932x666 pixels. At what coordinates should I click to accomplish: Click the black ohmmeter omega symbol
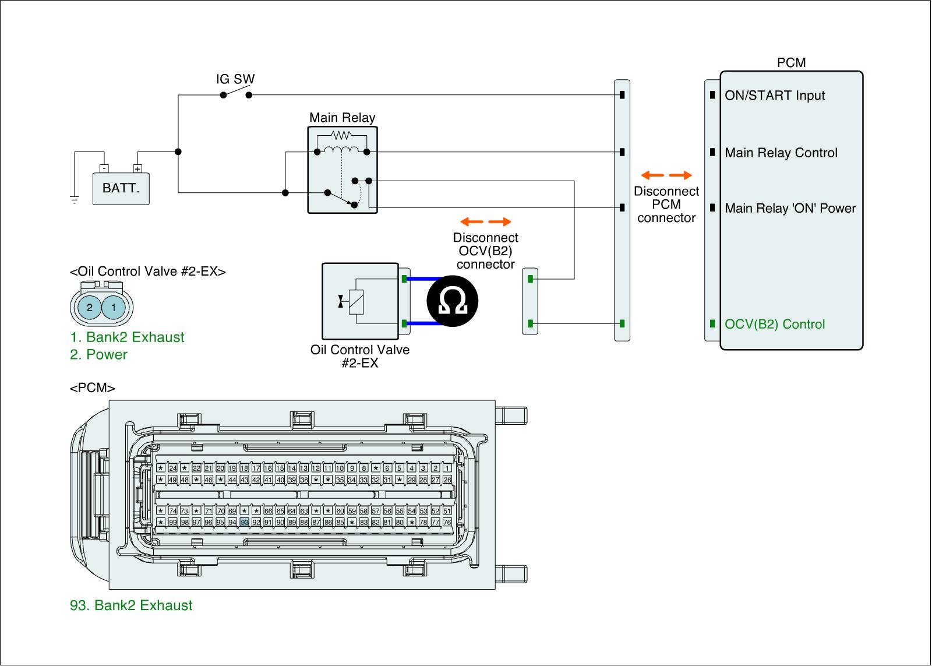click(452, 301)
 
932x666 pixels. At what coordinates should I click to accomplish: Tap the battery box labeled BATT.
click(121, 188)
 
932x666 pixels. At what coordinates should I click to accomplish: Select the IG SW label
click(235, 79)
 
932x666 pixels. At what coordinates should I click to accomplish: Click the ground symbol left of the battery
click(74, 200)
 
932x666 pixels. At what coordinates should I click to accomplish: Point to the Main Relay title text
click(342, 118)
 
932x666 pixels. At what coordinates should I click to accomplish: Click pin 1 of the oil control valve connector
click(114, 307)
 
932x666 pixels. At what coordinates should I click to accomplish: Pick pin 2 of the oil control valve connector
click(89, 307)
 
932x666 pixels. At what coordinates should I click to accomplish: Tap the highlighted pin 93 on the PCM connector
click(245, 522)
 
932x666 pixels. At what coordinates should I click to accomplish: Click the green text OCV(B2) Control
click(775, 324)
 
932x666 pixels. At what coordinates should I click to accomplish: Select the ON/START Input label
click(775, 96)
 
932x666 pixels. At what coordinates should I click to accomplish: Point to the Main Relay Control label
click(781, 153)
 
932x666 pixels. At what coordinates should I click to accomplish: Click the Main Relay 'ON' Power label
click(790, 208)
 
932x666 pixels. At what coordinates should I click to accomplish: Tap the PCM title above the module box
click(791, 62)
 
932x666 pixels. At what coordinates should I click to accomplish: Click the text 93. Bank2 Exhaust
click(131, 605)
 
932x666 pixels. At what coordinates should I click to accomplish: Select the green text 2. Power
click(98, 354)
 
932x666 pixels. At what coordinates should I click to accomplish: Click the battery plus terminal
click(137, 169)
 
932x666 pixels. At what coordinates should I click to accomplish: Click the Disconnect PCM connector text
click(666, 205)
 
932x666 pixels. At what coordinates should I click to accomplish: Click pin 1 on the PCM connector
click(447, 468)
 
